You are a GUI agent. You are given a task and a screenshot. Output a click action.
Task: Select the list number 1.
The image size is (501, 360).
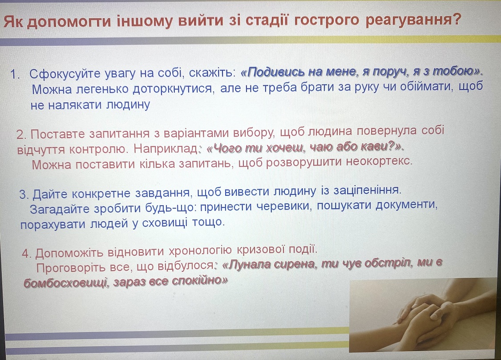click(x=15, y=74)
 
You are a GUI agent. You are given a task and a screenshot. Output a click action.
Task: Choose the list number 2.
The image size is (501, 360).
click(x=21, y=134)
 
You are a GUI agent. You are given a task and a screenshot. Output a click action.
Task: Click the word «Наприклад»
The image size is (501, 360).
click(x=166, y=149)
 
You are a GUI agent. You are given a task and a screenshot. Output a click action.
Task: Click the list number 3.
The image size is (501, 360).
click(x=24, y=194)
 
